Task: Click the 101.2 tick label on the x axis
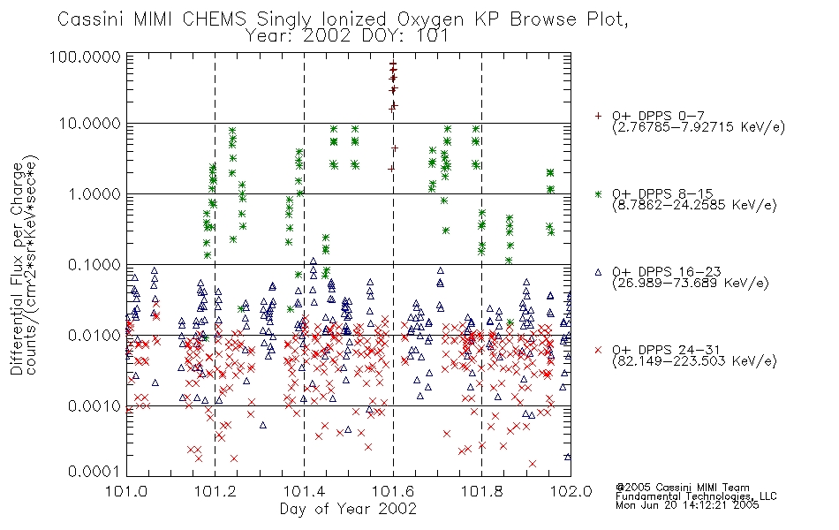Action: coord(215,491)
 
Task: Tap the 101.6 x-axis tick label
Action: coord(393,491)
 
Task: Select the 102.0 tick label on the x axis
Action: coord(571,491)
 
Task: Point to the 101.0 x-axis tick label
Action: coord(126,491)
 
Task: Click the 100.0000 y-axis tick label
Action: coord(86,57)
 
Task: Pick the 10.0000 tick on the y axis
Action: coord(90,124)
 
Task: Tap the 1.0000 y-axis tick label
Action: coord(94,193)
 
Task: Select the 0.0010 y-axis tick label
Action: coord(94,406)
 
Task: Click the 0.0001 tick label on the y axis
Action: coord(94,472)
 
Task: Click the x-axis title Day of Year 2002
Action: coord(348,509)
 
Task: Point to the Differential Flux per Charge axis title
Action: coord(17,269)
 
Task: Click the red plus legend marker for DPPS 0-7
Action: coord(598,116)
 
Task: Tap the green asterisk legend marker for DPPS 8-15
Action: coord(598,193)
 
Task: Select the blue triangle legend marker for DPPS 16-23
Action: coord(598,272)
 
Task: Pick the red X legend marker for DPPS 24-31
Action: coord(598,350)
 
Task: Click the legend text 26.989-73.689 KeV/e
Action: coord(691,284)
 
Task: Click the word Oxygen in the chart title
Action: coord(430,19)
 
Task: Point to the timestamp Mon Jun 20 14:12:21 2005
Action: coord(687,505)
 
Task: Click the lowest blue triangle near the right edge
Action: coord(568,457)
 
